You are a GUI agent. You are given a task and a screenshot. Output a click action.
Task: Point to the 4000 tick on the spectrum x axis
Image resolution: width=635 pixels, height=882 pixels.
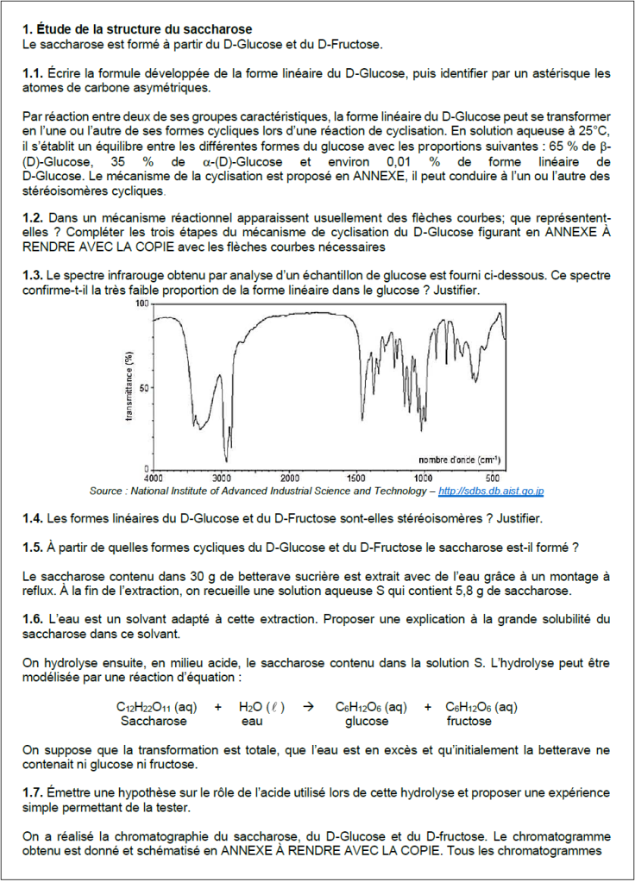tap(154, 477)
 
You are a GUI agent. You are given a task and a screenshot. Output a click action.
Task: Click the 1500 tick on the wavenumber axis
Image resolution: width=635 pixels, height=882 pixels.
tap(355, 477)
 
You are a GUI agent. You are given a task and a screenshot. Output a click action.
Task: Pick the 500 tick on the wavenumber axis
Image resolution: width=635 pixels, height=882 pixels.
tap(492, 477)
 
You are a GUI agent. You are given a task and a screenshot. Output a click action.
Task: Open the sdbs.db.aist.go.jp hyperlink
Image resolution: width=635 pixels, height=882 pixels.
tap(491, 491)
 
